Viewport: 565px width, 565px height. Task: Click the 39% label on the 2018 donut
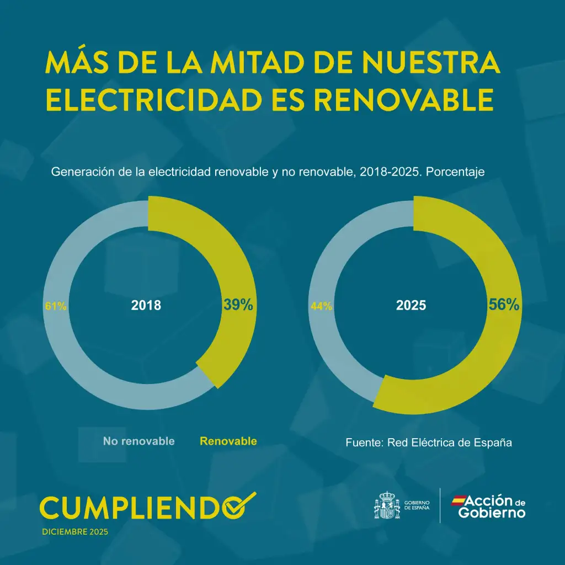[x=238, y=305]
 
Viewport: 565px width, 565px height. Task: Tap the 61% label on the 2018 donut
[x=55, y=306]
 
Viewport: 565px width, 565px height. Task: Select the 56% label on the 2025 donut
[x=504, y=305]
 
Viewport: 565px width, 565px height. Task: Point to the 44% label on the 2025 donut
[x=321, y=306]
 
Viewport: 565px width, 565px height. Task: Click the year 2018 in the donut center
[x=146, y=305]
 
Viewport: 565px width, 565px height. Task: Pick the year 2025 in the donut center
[x=412, y=305]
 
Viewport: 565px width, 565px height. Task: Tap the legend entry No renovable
[x=139, y=441]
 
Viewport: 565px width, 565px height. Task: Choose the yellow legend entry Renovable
[x=228, y=441]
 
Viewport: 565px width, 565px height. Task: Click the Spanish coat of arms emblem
[x=387, y=505]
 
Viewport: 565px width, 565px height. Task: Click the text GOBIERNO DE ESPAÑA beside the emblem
[x=417, y=505]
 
